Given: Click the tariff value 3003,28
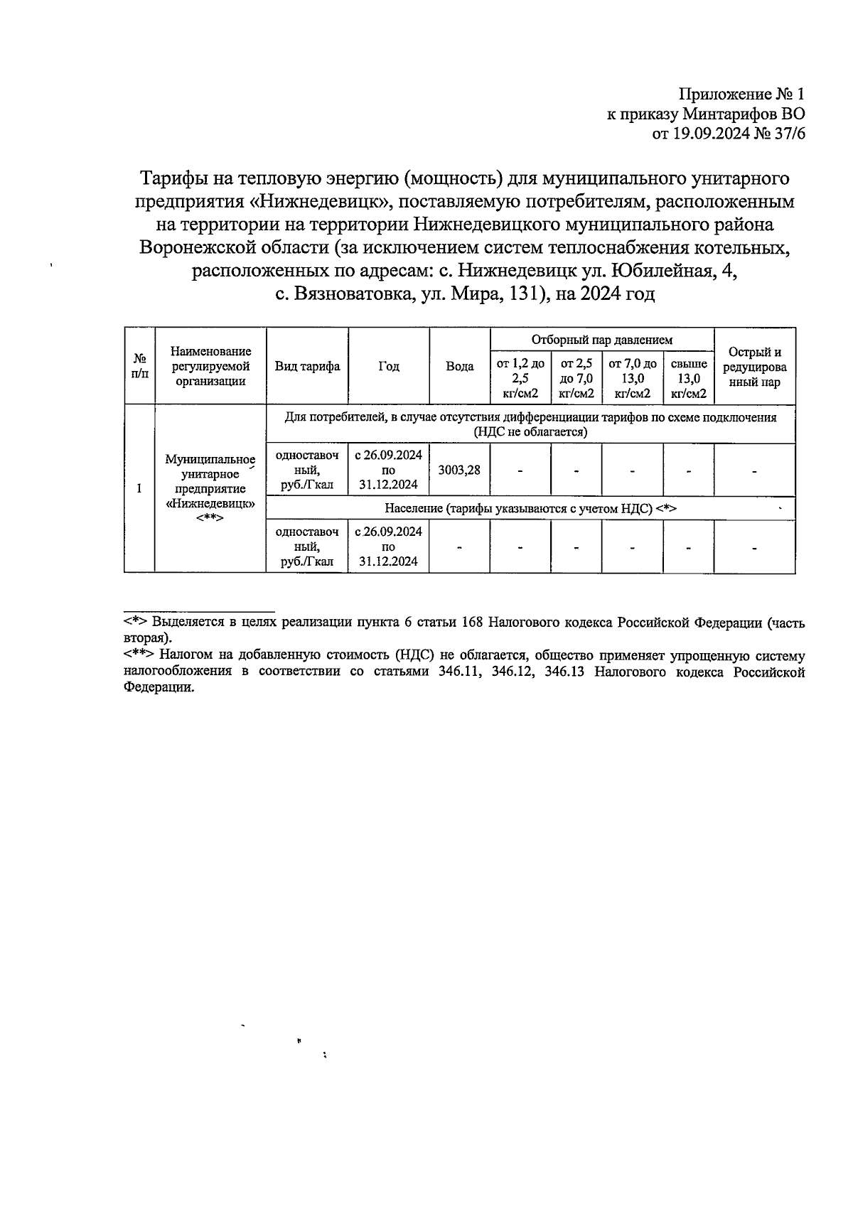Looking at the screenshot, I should click(x=459, y=470).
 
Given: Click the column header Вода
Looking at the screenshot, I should click(x=459, y=367).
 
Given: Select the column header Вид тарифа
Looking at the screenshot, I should click(x=307, y=367).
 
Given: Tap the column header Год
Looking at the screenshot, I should click(x=388, y=367).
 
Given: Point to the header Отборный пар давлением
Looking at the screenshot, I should click(x=601, y=340).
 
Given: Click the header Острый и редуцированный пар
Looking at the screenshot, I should click(x=754, y=367).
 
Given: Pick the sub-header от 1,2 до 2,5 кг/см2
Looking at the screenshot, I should click(x=520, y=378).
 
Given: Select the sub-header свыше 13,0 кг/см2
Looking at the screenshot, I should click(x=688, y=378).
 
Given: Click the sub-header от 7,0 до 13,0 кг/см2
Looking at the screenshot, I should click(x=632, y=378).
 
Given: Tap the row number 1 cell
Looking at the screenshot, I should click(x=139, y=488).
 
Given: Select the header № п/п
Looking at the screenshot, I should click(x=139, y=367).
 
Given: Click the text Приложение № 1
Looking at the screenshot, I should click(x=742, y=94).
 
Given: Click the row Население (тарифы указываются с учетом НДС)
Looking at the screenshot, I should click(x=530, y=508).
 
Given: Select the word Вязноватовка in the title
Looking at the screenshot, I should click(x=353, y=294).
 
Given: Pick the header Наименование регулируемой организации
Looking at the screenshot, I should click(x=210, y=367).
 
